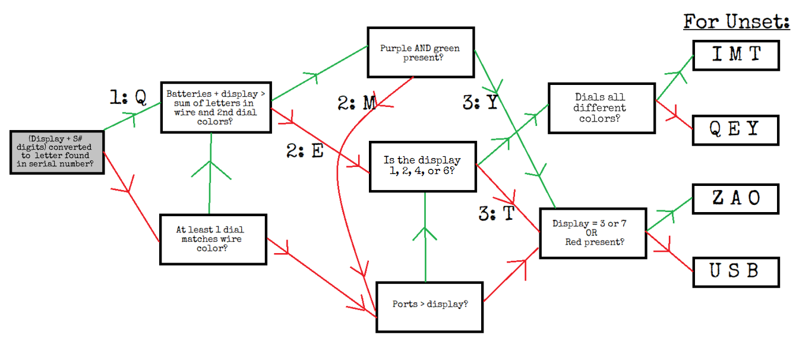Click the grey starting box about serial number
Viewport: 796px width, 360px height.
[57, 152]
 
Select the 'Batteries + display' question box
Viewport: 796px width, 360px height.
[216, 108]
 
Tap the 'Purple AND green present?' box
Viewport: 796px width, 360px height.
[421, 52]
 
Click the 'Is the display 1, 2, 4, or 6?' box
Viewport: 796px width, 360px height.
[423, 166]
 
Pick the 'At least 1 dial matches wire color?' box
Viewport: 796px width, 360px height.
[213, 239]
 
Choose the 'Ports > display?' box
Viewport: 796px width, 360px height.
[429, 307]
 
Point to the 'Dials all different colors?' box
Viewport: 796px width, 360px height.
[602, 108]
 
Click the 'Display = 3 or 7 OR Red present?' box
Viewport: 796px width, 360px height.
[593, 233]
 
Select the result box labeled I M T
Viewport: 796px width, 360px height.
[736, 55]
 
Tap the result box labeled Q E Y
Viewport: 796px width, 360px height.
[735, 130]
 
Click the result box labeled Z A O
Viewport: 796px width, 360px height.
[735, 198]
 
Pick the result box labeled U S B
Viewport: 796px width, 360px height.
[736, 272]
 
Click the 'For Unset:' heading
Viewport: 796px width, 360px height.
[737, 21]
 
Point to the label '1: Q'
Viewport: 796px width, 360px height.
[128, 97]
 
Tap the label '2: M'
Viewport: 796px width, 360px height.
[356, 103]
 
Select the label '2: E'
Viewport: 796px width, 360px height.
[305, 150]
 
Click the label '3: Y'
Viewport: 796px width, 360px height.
[480, 102]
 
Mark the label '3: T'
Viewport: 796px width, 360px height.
[496, 213]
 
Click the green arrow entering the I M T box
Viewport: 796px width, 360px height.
[675, 78]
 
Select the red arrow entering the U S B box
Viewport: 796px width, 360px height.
[669, 251]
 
